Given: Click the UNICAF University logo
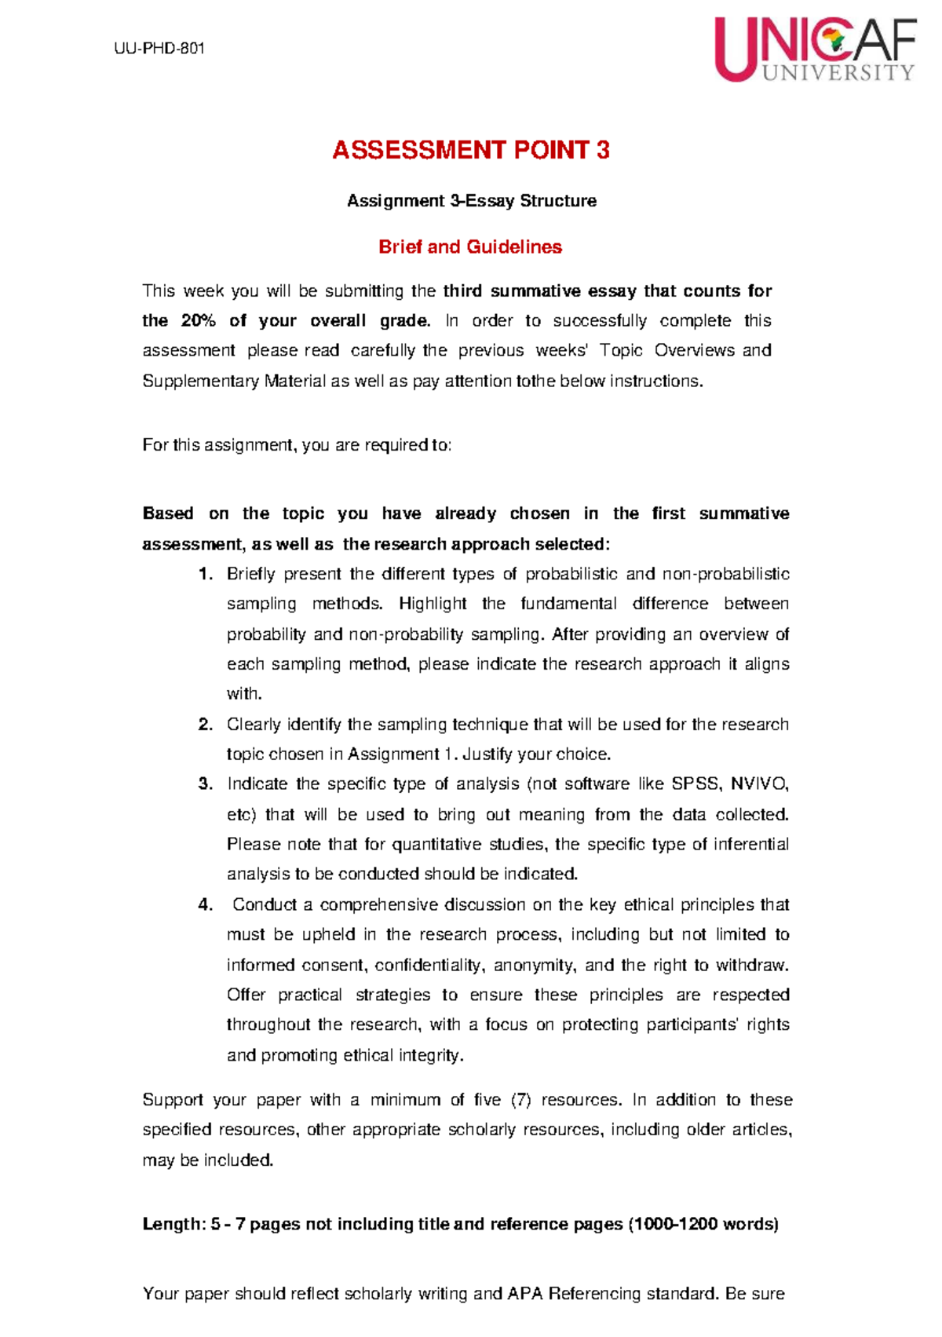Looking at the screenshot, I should (x=815, y=49).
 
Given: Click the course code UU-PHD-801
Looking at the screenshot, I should (x=159, y=49).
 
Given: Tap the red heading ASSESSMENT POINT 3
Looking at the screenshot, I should (x=470, y=150).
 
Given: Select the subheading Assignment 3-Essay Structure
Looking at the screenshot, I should (x=471, y=201).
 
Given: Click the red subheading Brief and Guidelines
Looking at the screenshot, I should (x=470, y=247).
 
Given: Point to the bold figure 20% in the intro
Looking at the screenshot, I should (x=198, y=321).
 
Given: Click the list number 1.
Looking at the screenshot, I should (x=206, y=574).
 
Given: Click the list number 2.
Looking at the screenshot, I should (x=206, y=724).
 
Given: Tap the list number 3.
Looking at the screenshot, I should (x=206, y=784).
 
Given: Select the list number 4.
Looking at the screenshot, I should (x=206, y=904).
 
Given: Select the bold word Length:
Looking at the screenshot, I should (x=174, y=1224).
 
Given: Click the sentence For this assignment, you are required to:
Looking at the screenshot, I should (x=297, y=445).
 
